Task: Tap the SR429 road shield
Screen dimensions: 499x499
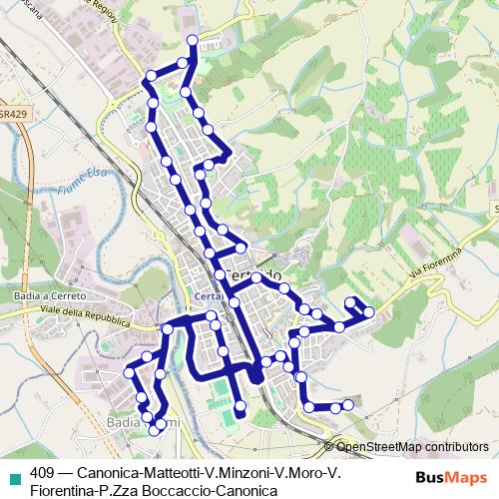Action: coord(12,114)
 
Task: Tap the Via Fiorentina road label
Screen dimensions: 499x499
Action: coord(437,264)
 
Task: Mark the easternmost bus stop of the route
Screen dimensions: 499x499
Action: coord(369,312)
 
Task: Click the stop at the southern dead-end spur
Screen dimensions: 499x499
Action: coord(240,412)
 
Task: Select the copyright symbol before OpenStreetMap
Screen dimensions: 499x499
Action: coord(329,447)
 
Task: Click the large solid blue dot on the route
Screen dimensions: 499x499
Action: coord(255,376)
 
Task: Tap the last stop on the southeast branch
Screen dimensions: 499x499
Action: coord(348,404)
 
